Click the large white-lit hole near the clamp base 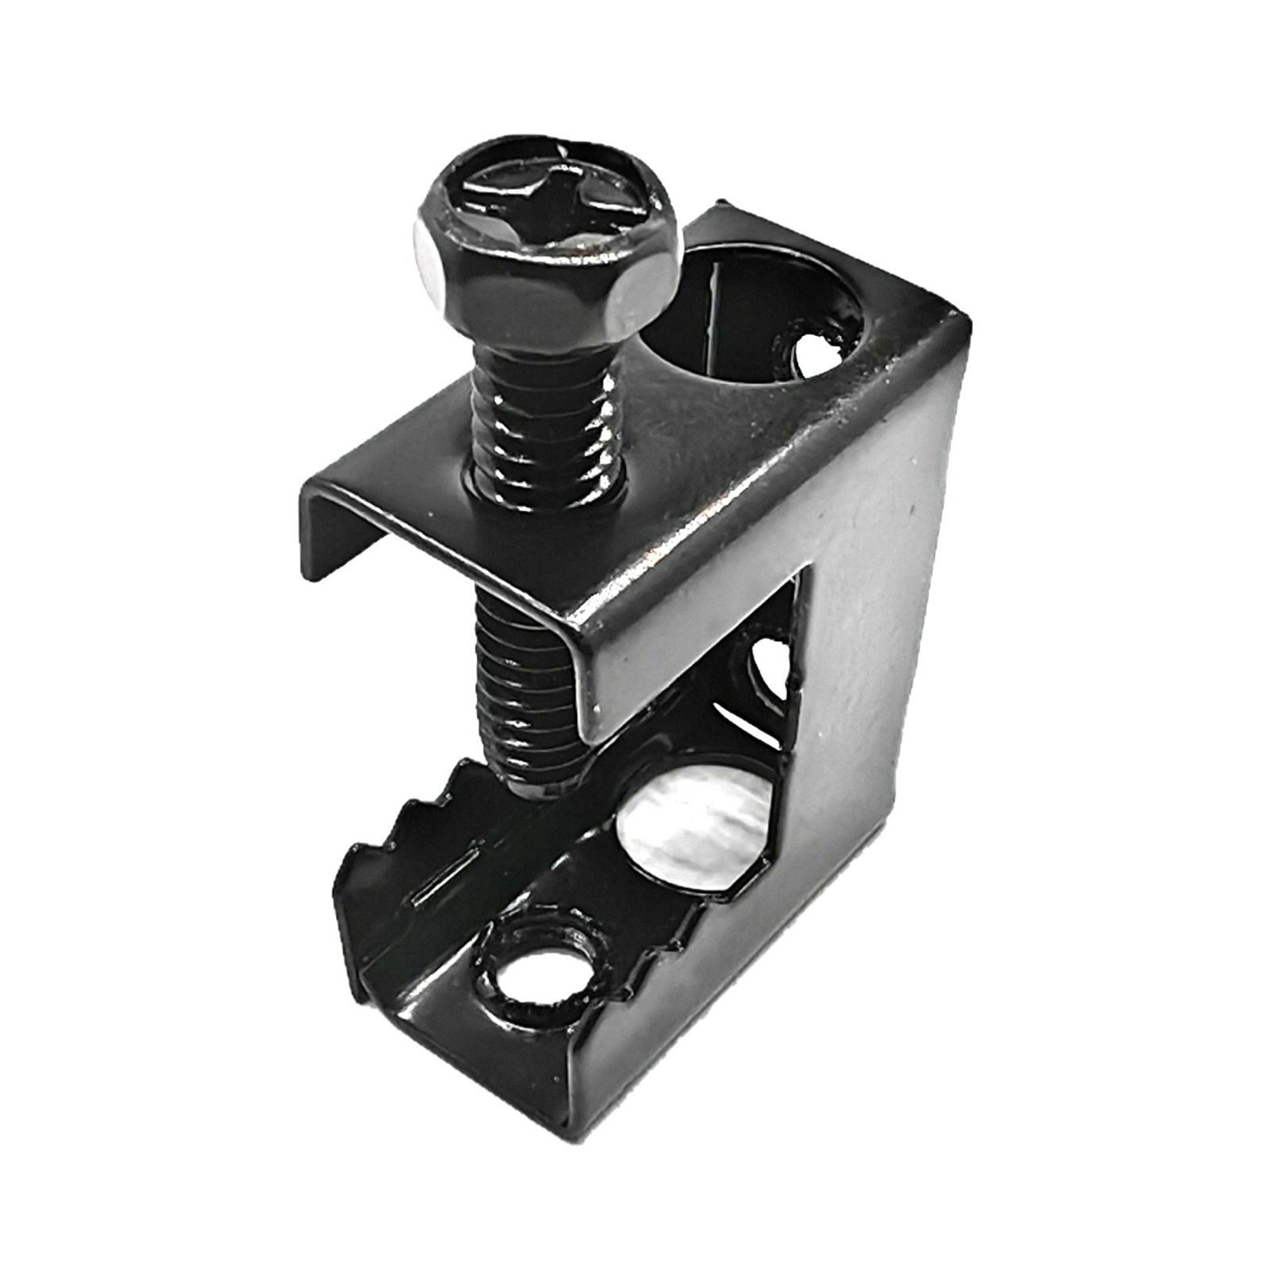[x=699, y=834]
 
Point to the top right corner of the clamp [x=965, y=318]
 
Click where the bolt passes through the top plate [x=548, y=485]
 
